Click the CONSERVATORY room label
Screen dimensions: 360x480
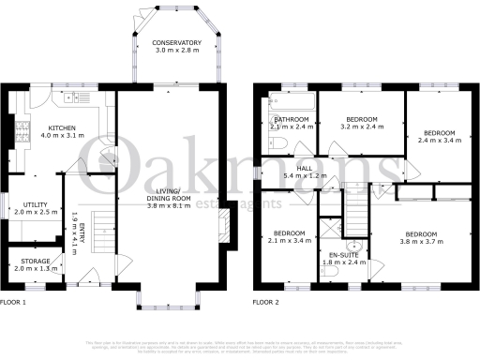pyautogui.click(x=177, y=43)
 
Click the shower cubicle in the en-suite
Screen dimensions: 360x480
pyautogui.click(x=329, y=229)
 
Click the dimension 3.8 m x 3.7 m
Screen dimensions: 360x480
pyautogui.click(x=420, y=241)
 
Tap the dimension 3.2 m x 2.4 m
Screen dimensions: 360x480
pyautogui.click(x=361, y=128)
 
